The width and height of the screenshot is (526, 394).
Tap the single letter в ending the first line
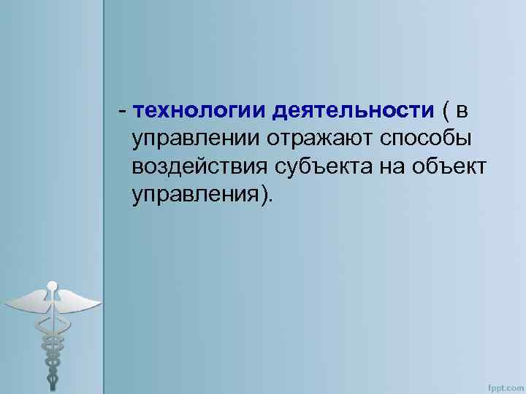[x=463, y=110]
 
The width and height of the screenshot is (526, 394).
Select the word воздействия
[x=198, y=166]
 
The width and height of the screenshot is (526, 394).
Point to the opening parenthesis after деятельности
[x=446, y=111]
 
